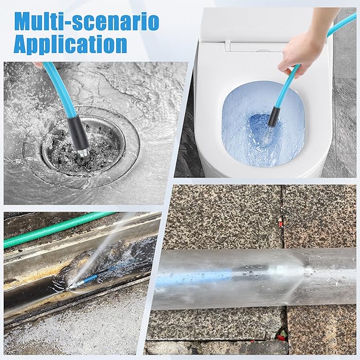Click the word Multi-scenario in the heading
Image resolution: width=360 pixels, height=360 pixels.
[x=86, y=22]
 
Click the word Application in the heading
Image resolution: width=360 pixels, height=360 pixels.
[x=70, y=45]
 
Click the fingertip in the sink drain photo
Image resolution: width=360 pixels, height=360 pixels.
[x=37, y=65]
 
